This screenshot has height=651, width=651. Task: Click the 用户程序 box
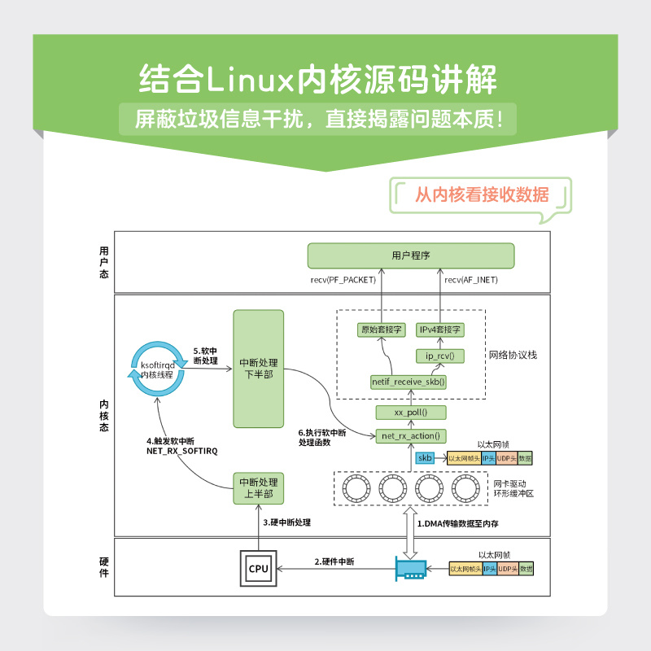411,256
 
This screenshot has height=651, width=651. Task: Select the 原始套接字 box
382,330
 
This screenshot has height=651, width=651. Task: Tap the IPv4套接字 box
440,330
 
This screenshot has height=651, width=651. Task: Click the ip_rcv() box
440,356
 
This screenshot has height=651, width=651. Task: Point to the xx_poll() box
411,413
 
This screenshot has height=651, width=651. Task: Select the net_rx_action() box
411,436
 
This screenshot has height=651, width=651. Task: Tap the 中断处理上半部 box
258,487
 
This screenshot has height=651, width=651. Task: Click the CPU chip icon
259,568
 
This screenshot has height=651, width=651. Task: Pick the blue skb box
425,458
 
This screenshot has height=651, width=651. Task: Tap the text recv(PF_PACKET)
343,280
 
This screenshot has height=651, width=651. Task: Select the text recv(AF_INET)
471,280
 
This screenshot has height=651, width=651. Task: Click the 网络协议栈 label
513,356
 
